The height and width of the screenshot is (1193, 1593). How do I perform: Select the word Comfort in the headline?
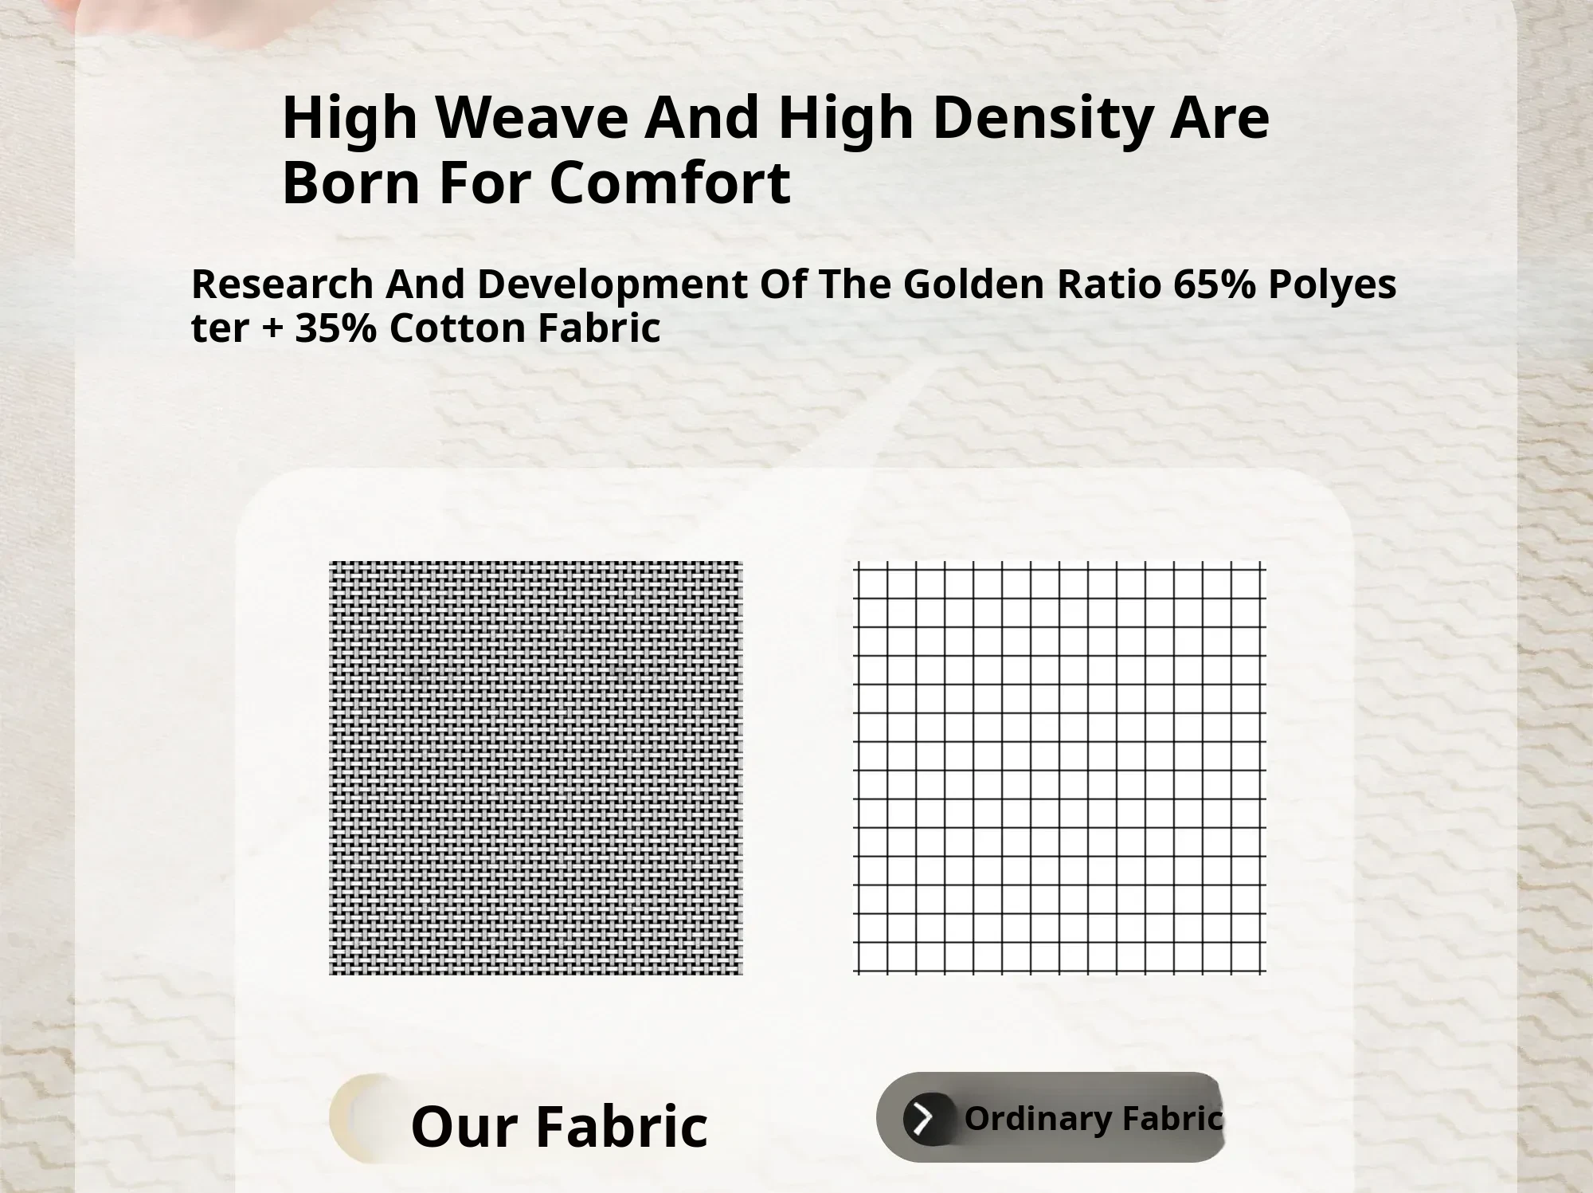tap(670, 182)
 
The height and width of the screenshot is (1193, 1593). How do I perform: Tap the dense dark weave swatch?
tap(536, 768)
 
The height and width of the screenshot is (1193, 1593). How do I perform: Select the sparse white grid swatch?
tap(1060, 767)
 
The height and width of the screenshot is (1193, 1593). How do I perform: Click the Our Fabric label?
tap(559, 1126)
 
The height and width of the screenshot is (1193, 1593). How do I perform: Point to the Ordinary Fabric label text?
tap(1094, 1119)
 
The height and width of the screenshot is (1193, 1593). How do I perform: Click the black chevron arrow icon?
tap(924, 1119)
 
